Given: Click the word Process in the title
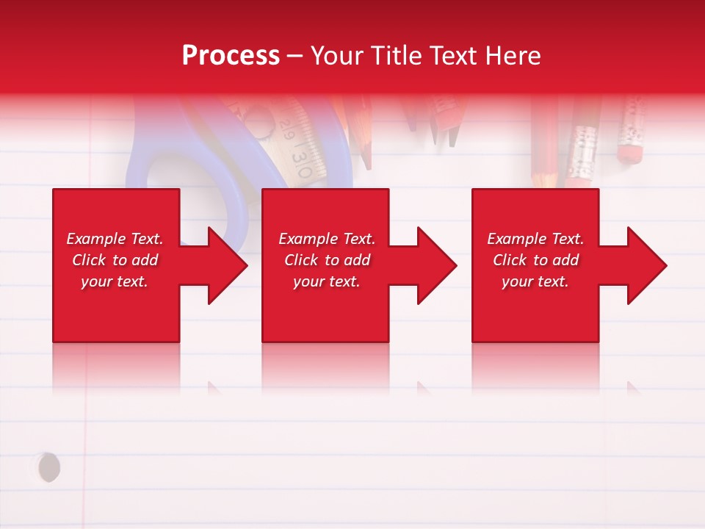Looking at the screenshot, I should [231, 56].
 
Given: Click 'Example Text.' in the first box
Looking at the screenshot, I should [115, 239].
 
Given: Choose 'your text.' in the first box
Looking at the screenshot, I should [115, 281].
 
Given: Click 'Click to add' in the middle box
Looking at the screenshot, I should [327, 260].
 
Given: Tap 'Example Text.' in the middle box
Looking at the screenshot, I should [327, 239].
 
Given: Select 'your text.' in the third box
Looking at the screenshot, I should [535, 281].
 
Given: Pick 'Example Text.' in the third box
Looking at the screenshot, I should [535, 239].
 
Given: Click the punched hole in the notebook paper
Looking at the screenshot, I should [48, 467].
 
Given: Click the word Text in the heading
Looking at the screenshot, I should [452, 56].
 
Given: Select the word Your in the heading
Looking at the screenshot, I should [338, 56].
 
